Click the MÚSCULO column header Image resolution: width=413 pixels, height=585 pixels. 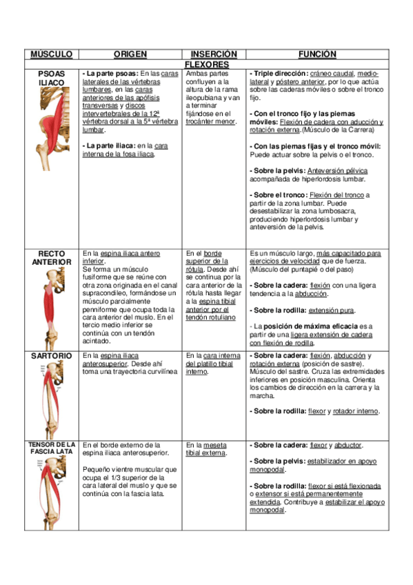point(52,54)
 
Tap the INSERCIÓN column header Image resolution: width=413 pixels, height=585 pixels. point(213,54)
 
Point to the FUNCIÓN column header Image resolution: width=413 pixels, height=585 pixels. point(316,54)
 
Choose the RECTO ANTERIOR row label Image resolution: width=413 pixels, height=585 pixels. point(52,257)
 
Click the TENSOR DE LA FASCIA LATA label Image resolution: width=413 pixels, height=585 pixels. point(52,448)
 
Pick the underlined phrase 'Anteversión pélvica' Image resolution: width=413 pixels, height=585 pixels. point(338,170)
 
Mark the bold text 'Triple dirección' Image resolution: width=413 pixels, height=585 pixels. point(280,73)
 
